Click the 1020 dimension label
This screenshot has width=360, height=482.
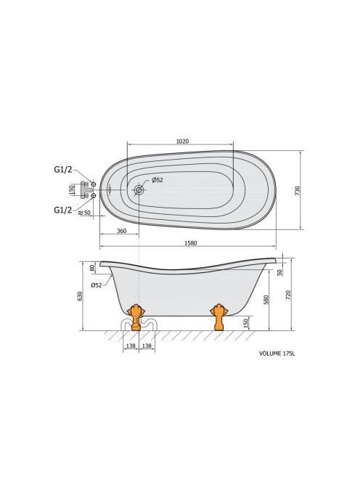[182, 142]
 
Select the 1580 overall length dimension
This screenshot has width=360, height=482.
[190, 243]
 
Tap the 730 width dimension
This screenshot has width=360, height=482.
[298, 191]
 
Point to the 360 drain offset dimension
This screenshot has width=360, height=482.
[122, 231]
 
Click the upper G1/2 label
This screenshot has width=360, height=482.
[63, 169]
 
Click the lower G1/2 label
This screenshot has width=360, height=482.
[63, 210]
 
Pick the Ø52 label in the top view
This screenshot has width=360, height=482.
[157, 180]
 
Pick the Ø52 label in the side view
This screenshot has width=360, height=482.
[97, 285]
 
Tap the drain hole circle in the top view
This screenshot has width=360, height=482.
[139, 190]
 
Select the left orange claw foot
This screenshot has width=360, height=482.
[135, 317]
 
